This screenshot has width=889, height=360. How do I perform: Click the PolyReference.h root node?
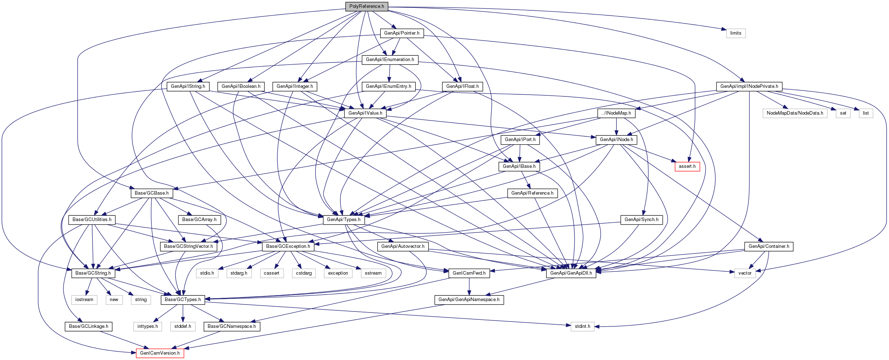click(x=367, y=6)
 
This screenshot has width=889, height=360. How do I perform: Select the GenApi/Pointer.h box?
click(x=402, y=33)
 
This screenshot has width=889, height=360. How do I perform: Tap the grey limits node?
click(x=736, y=33)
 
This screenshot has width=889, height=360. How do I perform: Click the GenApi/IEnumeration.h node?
click(x=390, y=60)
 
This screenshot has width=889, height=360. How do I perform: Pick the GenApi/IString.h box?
click(x=188, y=86)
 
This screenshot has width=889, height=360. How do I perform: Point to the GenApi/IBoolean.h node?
click(x=241, y=86)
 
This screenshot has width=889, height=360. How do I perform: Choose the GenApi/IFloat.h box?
click(x=462, y=86)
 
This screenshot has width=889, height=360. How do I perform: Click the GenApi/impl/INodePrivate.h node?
click(x=749, y=86)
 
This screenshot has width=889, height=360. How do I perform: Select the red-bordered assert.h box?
click(x=687, y=166)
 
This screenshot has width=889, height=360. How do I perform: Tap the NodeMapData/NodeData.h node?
click(x=795, y=113)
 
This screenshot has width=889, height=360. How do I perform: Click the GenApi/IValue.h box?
click(x=365, y=113)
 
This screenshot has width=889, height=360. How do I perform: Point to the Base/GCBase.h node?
click(x=152, y=193)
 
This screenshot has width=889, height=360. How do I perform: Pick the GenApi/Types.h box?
click(x=344, y=220)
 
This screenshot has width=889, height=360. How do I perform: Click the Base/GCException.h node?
click(x=288, y=246)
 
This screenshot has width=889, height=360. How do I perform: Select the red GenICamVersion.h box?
click(x=160, y=353)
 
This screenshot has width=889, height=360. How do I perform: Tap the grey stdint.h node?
click(x=582, y=326)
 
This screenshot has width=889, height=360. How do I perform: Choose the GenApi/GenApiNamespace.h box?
click(x=469, y=300)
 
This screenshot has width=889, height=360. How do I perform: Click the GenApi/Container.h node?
click(x=769, y=246)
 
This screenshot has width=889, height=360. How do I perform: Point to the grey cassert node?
click(x=272, y=273)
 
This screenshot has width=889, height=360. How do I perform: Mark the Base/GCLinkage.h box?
click(x=89, y=326)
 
